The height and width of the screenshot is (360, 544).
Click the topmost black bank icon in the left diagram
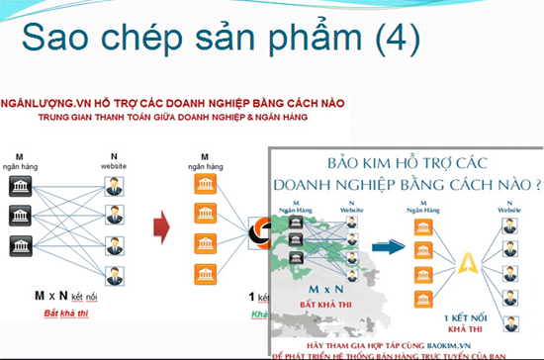point(19,187)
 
